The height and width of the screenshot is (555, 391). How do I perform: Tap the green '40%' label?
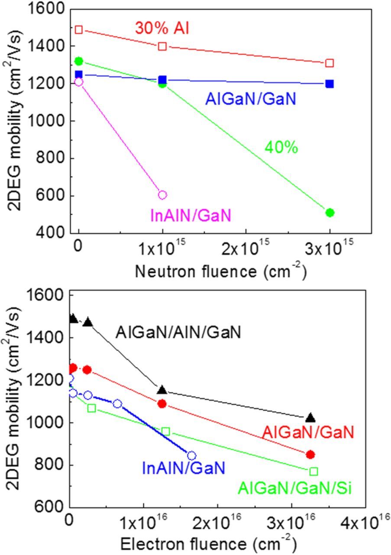point(281,147)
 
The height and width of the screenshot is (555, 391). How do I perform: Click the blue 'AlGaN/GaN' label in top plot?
point(251,99)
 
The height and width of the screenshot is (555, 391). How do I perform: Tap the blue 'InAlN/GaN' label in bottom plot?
point(184,467)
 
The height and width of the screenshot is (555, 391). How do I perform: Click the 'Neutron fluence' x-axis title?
point(221,271)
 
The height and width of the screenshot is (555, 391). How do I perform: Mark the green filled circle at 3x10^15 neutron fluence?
point(330,212)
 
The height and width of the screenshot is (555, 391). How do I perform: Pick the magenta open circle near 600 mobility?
point(162,195)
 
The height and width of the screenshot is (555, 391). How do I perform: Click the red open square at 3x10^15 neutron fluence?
point(330,63)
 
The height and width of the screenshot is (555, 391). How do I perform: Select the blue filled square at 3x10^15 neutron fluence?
point(330,84)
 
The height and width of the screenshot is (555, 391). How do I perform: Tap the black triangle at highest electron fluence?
point(310,418)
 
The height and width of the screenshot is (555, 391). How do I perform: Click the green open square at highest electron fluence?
point(313,471)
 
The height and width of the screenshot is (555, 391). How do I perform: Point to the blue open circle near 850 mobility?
point(191,456)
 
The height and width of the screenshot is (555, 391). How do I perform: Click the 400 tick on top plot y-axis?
point(54,233)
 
